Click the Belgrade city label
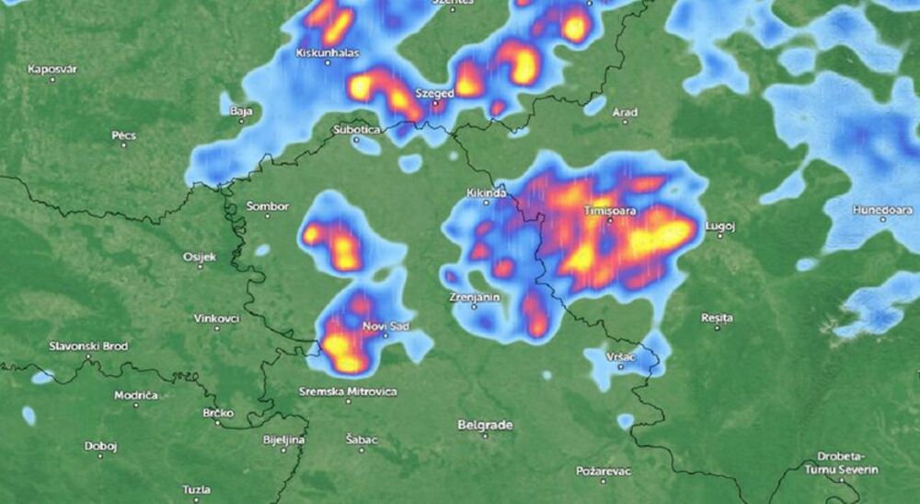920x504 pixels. tap(485, 425)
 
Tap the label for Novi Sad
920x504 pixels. tap(385, 325)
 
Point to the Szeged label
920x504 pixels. tap(434, 94)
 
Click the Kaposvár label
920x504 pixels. tap(52, 69)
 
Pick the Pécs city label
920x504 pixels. tap(124, 135)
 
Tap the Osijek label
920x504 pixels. tap(200, 256)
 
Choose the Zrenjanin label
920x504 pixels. tap(475, 298)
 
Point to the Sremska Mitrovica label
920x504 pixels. tap(349, 392)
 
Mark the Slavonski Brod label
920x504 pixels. tap(88, 346)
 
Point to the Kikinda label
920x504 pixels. tap(488, 193)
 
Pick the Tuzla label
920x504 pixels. tap(195, 488)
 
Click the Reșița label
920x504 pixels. tap(717, 317)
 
